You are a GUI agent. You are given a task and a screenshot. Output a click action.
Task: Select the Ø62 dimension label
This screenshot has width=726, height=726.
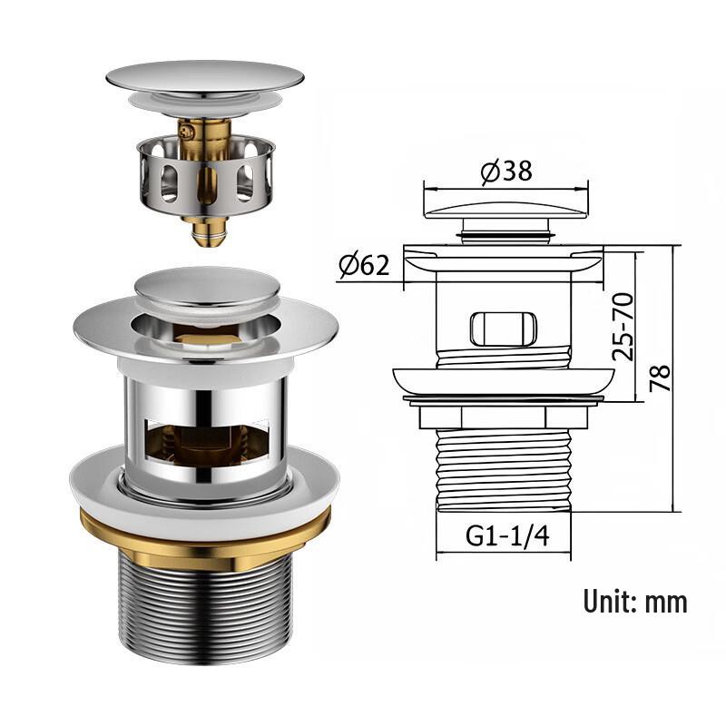[364, 266]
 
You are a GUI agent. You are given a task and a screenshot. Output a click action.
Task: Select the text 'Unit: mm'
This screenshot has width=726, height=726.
[634, 601]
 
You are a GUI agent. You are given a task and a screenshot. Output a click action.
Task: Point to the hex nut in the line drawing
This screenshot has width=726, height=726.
[505, 417]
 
